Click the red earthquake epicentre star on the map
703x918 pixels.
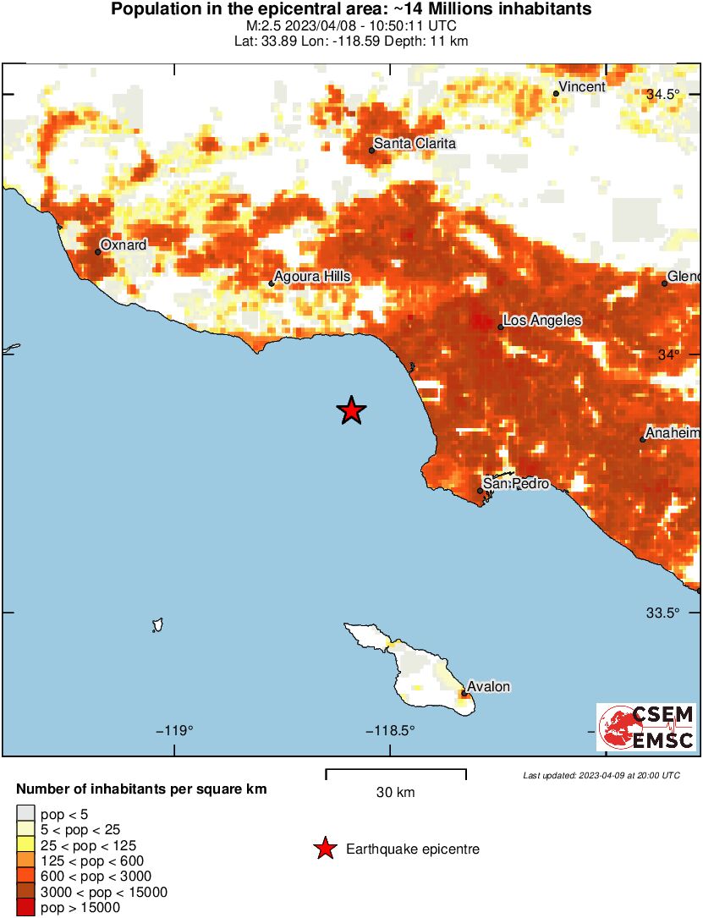pos(351,410)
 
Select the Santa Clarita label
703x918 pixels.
pos(415,144)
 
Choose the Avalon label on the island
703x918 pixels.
pos(490,686)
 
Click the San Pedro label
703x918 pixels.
pos(516,484)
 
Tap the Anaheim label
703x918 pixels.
pos(673,432)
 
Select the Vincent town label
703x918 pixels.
pos(583,87)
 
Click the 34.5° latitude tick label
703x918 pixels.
pos(663,95)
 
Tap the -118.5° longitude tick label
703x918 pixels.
pos(390,730)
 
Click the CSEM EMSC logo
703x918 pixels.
pos(646,727)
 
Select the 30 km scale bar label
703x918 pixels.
pos(395,793)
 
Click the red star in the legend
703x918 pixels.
pos(324,849)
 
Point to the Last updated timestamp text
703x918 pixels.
pos(601,775)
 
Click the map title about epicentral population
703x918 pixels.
pos(351,10)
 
